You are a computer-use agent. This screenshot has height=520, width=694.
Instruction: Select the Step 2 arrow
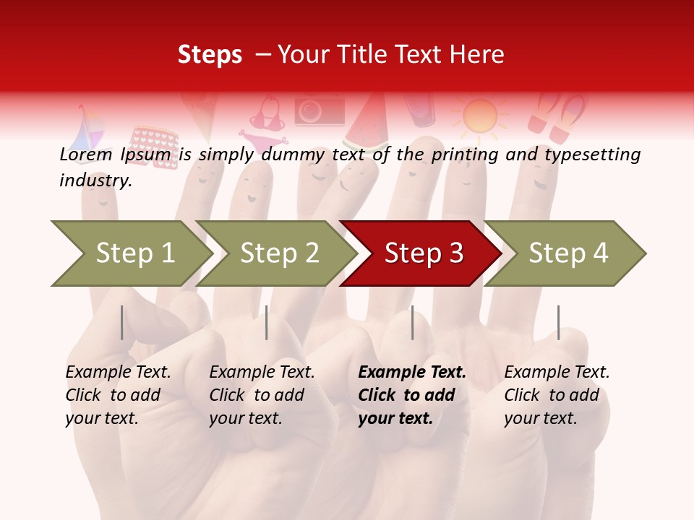point(278,253)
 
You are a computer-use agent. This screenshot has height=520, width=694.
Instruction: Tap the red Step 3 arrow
point(423,253)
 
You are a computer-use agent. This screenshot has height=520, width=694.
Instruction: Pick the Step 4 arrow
point(567,253)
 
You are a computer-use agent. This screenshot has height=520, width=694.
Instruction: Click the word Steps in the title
point(210,55)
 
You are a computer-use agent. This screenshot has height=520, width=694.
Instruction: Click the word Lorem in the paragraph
point(86,155)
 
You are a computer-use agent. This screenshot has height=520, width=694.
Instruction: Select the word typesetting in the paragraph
point(592,155)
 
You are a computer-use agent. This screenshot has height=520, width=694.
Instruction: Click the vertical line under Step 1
point(121,322)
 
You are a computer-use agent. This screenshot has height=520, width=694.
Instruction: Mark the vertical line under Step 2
point(267,322)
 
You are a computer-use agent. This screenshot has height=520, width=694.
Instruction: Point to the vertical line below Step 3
point(412,322)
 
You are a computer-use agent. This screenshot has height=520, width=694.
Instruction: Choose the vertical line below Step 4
point(558,322)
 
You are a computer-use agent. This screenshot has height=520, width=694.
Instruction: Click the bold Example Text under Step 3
point(412,373)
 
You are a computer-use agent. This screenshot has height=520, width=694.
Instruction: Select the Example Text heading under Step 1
point(118,373)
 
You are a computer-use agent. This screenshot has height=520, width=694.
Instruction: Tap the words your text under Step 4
point(540,418)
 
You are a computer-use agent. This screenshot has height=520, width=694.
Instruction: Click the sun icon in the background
point(480,116)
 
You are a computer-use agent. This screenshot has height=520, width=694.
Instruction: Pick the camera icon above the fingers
point(319,110)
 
